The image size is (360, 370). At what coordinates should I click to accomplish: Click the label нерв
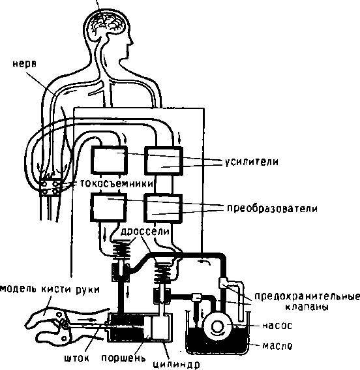click(25, 64)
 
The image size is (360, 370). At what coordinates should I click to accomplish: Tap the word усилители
click(251, 162)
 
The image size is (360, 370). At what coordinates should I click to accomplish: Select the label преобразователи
click(273, 209)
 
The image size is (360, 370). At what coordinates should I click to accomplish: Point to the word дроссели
click(145, 232)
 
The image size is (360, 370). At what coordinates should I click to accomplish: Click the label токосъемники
click(117, 183)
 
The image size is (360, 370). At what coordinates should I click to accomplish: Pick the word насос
click(277, 326)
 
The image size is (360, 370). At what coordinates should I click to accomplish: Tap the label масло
click(277, 346)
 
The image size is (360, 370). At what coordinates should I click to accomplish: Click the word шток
click(76, 359)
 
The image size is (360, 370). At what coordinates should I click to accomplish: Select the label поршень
click(123, 358)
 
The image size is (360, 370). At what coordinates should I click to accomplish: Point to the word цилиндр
click(176, 365)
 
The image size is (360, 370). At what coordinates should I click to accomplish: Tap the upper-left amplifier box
click(110, 160)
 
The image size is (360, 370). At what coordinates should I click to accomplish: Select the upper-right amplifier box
click(164, 161)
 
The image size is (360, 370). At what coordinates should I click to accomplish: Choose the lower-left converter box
click(109, 207)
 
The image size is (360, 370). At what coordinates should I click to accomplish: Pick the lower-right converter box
click(164, 208)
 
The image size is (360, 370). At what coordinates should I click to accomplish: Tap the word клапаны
click(307, 307)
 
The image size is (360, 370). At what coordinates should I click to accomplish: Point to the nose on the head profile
click(131, 42)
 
